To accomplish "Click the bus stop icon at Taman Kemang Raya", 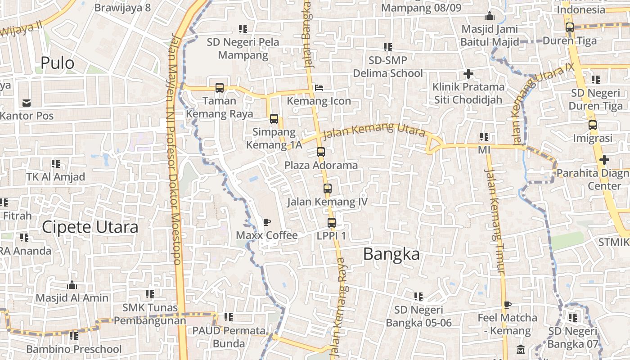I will coord(220,88).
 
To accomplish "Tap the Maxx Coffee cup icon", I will coord(267,222).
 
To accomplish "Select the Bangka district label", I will coord(391,254).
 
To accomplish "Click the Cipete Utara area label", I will coord(90,227).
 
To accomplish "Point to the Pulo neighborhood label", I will coord(57,63).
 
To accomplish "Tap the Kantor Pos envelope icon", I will coord(27,103).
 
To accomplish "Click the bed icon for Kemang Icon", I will coord(319,88).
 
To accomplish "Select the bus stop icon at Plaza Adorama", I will coord(320,152).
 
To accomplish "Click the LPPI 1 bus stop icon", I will coord(332,222).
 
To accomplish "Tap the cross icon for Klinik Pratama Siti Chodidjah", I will coord(468,73).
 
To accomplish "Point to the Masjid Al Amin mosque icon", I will coord(72,285).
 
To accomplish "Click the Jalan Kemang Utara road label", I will coord(374,130).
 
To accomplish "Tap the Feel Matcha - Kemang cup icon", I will coord(508,305).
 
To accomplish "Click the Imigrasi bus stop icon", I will coord(593,125).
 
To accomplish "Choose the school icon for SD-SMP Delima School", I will coord(387,47).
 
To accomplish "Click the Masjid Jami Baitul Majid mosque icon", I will coord(490,16).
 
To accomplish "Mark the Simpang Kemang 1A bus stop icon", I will coord(274,119).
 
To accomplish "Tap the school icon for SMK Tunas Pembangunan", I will coord(149,294).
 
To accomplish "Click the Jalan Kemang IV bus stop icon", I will coord(327,189).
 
